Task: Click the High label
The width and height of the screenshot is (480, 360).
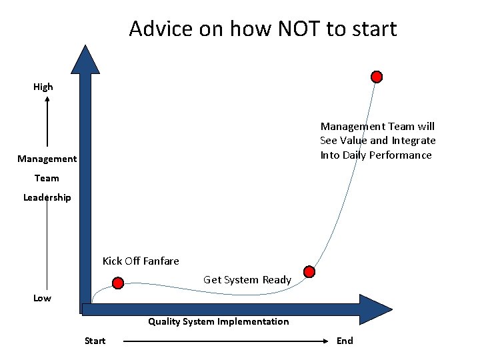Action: [x=43, y=87]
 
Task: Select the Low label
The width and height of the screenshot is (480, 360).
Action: [x=42, y=298]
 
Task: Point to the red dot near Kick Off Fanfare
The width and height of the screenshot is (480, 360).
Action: [x=118, y=283]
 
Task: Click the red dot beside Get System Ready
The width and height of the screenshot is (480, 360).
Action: [x=309, y=271]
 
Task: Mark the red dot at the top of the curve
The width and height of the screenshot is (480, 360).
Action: [x=377, y=77]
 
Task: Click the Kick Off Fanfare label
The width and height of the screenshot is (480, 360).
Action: [x=141, y=261]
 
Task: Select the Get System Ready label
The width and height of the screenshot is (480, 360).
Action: [x=247, y=280]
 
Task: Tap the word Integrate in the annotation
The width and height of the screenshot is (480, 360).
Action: [x=413, y=141]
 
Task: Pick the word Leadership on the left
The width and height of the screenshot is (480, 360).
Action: [x=47, y=197]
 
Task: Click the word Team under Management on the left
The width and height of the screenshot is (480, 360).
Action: [x=47, y=178]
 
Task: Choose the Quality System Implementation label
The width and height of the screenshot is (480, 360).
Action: [x=219, y=321]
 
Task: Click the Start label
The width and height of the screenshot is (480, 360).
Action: [x=95, y=341]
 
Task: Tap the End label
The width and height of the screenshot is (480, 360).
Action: [x=345, y=341]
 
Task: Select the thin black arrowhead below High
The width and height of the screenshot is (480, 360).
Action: [x=47, y=99]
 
